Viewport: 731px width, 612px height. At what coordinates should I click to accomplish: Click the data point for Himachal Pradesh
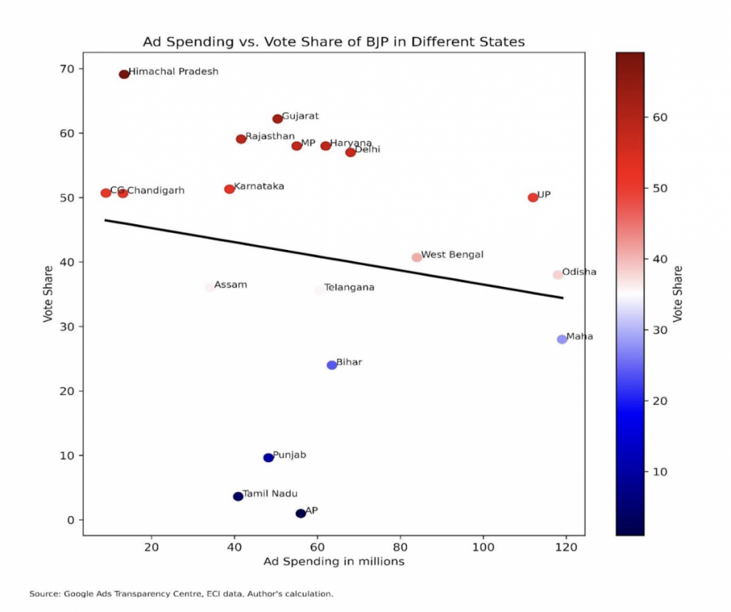tap(123, 74)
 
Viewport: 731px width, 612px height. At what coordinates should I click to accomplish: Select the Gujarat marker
tap(278, 119)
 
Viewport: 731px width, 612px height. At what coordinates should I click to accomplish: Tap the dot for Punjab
tap(268, 458)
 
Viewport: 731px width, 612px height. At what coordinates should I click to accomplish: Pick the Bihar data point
tap(332, 365)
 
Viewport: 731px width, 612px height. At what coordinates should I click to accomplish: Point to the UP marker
tap(533, 197)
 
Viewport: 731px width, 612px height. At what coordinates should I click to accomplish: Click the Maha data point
tap(562, 339)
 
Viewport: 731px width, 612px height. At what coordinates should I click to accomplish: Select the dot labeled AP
tap(301, 513)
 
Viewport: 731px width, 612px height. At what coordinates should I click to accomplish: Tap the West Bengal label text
tap(452, 254)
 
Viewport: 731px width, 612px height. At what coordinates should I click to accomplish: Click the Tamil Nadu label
tap(270, 493)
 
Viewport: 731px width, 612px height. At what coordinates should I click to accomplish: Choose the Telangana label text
tap(349, 288)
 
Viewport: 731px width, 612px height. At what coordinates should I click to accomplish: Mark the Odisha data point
tap(558, 275)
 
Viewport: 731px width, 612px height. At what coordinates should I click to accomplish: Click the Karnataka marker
tap(229, 189)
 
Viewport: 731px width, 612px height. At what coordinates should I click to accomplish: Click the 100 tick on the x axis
tap(483, 548)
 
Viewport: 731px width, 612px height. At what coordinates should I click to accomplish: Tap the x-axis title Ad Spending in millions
tap(334, 562)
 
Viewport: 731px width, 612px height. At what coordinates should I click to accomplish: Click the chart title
tap(333, 41)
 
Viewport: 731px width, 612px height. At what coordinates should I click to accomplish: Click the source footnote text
tap(181, 593)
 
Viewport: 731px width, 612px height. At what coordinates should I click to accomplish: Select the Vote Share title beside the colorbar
tap(677, 294)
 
